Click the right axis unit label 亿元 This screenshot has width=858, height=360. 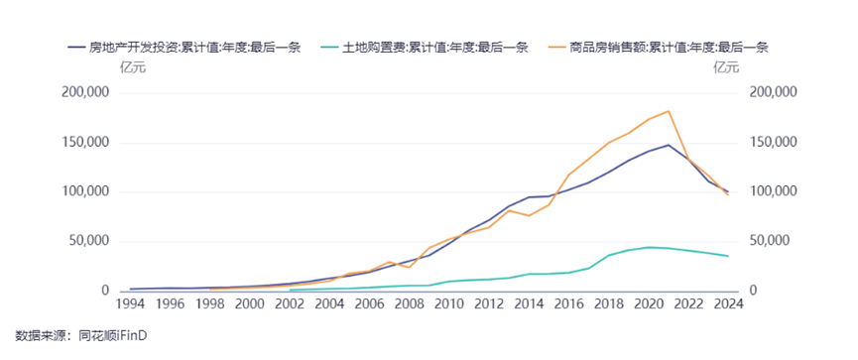[x=726, y=67]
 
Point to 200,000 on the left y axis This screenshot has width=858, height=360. [x=84, y=93]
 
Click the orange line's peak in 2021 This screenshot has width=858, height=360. [x=669, y=111]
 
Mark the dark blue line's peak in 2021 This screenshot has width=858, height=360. [x=669, y=145]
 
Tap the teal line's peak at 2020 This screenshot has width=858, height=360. [x=649, y=247]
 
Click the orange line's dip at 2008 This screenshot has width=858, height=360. [x=410, y=267]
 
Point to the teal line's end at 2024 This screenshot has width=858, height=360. [x=728, y=256]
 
